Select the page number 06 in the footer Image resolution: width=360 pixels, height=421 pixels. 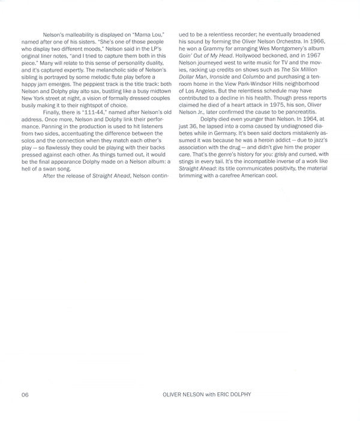click(x=25, y=395)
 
